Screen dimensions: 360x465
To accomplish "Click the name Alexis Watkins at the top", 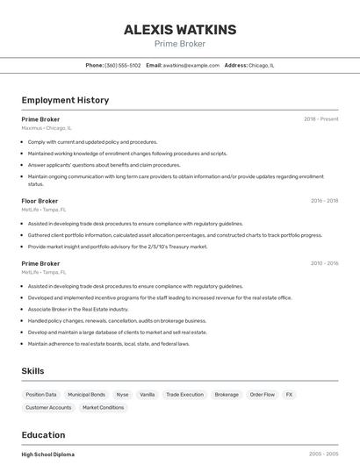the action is coord(180,30).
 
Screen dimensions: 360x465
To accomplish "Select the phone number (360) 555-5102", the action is coord(122,65).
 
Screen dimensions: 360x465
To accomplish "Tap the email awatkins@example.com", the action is coord(191,65).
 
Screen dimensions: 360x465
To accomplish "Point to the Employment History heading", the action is coord(65,100).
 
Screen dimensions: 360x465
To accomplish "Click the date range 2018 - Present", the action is coord(321,118).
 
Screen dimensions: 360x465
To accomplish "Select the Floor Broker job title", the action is coord(40,201).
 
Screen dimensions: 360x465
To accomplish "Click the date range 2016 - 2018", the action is coord(324,201).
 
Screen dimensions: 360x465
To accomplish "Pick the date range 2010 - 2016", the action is coord(324,263).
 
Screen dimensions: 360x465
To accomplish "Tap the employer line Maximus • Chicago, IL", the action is coord(47,128).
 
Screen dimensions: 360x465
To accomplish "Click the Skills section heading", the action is coord(32,371).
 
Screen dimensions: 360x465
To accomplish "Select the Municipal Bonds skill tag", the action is coord(86,395).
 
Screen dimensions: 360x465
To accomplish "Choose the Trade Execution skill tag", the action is coord(184,395).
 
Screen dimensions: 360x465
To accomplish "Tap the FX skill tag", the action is coord(289,395).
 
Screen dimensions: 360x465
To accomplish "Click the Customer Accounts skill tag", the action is coord(48,407).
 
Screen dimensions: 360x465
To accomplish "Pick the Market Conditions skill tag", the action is coord(104,407).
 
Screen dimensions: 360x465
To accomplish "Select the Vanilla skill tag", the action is coord(147,395).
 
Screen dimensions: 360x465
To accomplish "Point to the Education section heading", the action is coord(43,435).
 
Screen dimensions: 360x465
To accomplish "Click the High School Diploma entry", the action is coord(48,454).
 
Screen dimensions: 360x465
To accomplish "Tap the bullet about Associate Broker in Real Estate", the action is coord(77,309).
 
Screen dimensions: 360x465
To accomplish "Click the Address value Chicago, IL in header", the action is coord(262,65).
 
